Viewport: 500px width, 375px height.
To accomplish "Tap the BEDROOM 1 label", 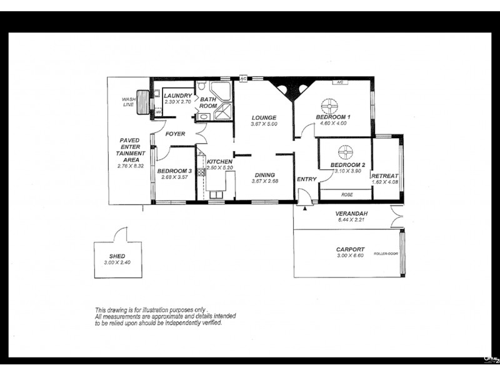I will point(332,117).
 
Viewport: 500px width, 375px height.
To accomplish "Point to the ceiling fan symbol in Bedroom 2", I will point(344,151).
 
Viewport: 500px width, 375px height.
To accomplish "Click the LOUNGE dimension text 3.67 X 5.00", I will point(264,124).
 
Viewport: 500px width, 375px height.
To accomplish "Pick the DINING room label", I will point(264,175).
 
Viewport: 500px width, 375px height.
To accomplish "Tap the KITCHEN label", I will point(219,162).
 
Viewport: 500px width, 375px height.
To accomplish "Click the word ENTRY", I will point(307,179).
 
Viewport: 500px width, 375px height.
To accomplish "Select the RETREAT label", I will point(385,177).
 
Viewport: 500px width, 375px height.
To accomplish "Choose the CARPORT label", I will point(350,249).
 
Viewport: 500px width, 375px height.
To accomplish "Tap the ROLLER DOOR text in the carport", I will point(386,254).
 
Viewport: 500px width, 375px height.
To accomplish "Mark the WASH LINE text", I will point(129,102).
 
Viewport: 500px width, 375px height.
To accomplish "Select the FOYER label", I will point(175,134).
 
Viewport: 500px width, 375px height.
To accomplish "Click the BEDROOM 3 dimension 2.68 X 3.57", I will point(174,177).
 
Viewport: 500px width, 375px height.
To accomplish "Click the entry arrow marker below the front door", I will point(304,209).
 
